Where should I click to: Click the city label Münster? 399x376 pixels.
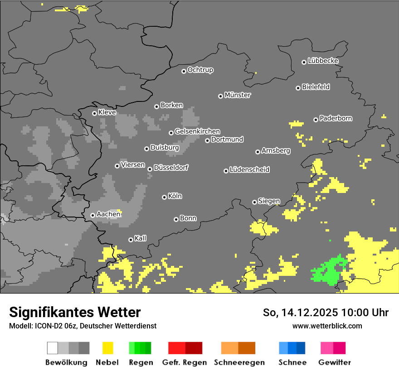(238, 95)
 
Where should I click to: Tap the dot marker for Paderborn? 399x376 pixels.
(316, 120)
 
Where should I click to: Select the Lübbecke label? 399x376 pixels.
(323, 61)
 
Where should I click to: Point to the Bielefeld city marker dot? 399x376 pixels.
(298, 88)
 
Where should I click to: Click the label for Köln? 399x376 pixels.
(175, 196)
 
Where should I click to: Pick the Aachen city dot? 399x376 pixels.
(92, 215)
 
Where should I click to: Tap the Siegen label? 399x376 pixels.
(269, 201)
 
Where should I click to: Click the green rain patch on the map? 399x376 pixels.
(330, 270)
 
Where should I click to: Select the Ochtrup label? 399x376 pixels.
(200, 70)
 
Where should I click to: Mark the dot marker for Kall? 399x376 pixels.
(131, 240)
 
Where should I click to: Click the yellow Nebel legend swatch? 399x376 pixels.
(107, 348)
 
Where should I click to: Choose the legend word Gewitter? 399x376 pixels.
(334, 362)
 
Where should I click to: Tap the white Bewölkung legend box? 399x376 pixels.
(52, 348)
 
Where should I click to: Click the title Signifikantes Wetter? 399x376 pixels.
(75, 312)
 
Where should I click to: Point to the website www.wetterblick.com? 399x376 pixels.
(327, 326)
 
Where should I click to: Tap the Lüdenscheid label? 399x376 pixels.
(249, 170)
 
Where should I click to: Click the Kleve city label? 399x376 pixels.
(107, 112)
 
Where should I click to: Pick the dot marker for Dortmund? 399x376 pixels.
(207, 140)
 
